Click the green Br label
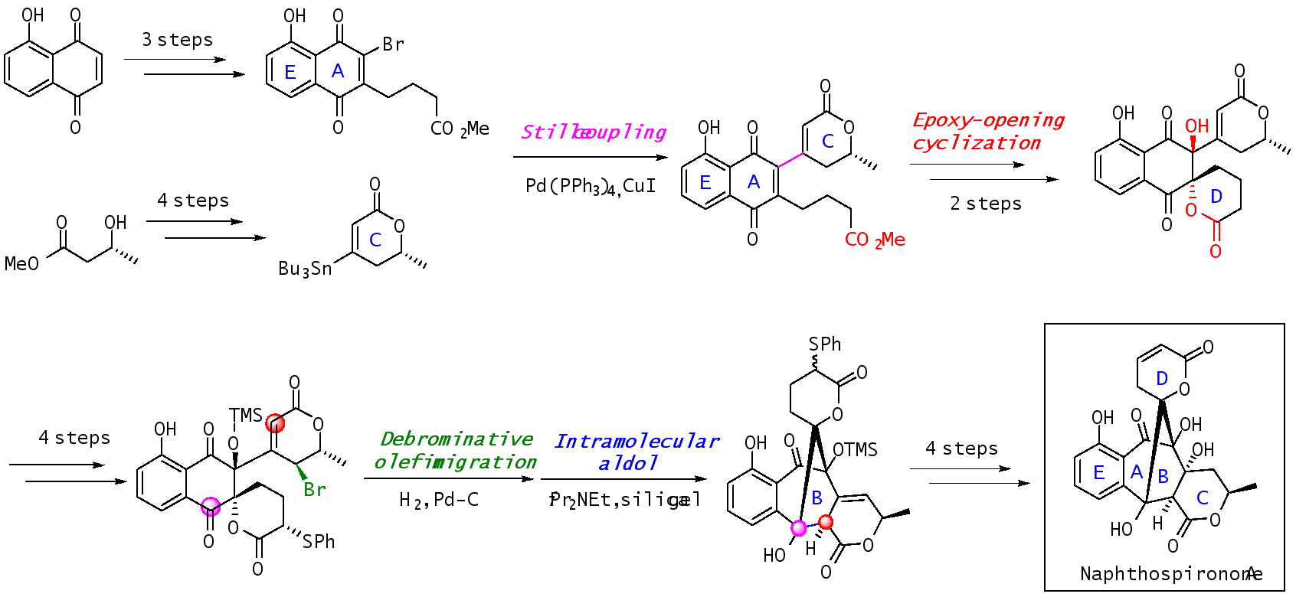click(x=314, y=490)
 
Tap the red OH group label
click(x=1196, y=126)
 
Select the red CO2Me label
click(x=875, y=240)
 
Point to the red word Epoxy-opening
click(x=988, y=120)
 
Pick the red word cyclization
click(x=977, y=143)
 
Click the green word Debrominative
click(x=457, y=439)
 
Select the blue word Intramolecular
click(x=637, y=442)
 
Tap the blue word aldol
click(x=628, y=463)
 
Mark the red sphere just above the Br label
click(x=275, y=423)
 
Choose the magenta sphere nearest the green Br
click(x=211, y=507)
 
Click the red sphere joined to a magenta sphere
click(x=826, y=522)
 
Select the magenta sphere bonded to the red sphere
click(x=799, y=528)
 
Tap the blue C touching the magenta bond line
click(x=827, y=142)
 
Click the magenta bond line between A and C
click(x=790, y=160)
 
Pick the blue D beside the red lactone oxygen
click(x=1216, y=197)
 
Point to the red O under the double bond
click(x=1216, y=252)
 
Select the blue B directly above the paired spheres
click(x=817, y=498)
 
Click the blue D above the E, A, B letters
click(x=1162, y=379)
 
